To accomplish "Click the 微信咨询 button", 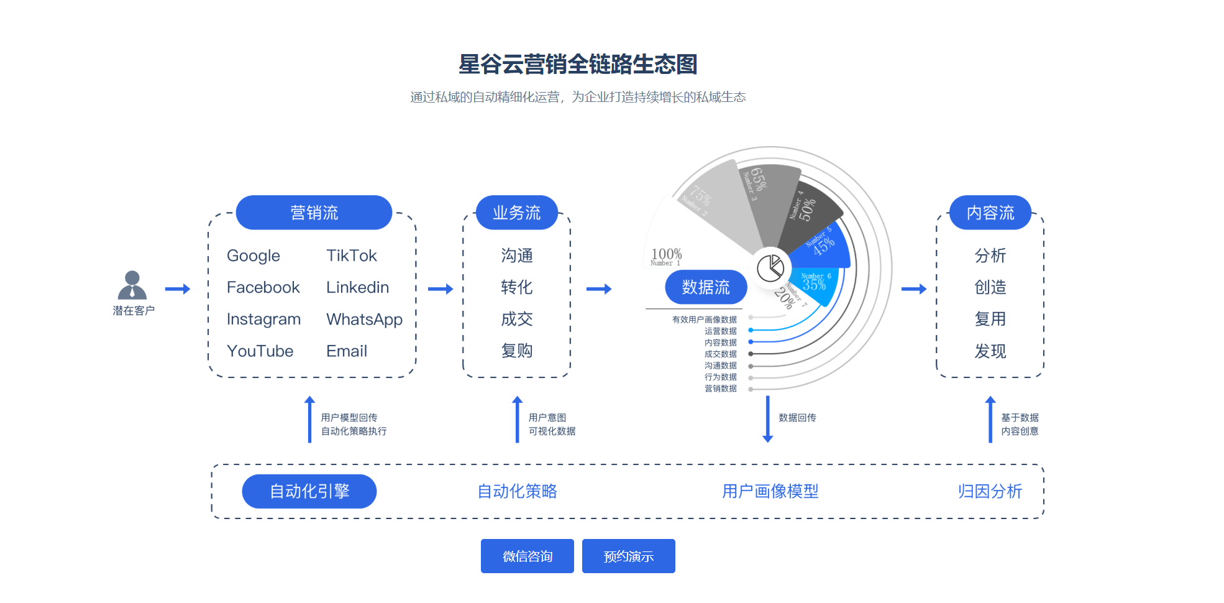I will [527, 556].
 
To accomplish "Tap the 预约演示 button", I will [628, 556].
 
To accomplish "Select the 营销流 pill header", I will [314, 213].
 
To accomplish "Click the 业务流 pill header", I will [516, 213].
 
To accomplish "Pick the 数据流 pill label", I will [706, 287].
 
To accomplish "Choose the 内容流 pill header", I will [990, 213].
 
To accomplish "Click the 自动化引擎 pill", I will [309, 491].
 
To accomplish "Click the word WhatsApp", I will [364, 320].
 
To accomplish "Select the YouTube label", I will [260, 351].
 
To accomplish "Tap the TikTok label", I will [352, 255].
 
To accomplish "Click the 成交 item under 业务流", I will [516, 320].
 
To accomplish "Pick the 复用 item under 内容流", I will [990, 320].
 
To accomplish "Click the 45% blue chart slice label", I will [824, 246].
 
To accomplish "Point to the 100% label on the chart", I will [666, 254].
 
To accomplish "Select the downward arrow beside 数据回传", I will [768, 419].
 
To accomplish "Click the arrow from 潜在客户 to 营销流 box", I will [178, 289].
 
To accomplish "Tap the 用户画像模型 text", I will [770, 491].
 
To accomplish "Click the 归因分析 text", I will [990, 491].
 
